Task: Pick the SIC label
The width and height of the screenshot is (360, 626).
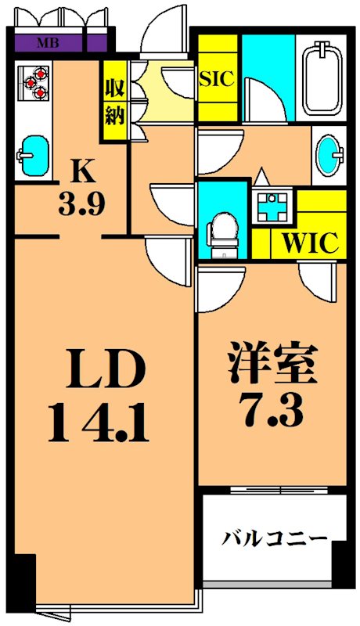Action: (x=217, y=78)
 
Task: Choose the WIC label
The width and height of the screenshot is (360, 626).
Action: (x=310, y=242)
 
